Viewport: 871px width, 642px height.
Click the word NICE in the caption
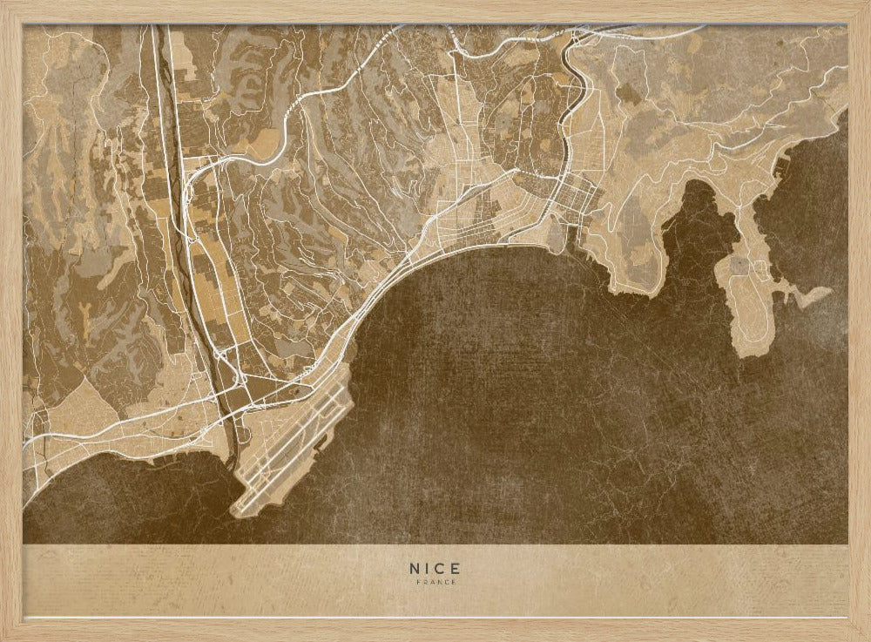[x=435, y=568]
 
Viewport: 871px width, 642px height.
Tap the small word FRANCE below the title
[x=435, y=582]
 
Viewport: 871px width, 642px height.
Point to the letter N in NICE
[x=415, y=568]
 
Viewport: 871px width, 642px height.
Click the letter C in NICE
[x=442, y=568]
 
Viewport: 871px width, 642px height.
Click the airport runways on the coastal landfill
[x=292, y=444]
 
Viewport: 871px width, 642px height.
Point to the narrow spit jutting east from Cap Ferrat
[x=814, y=296]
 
